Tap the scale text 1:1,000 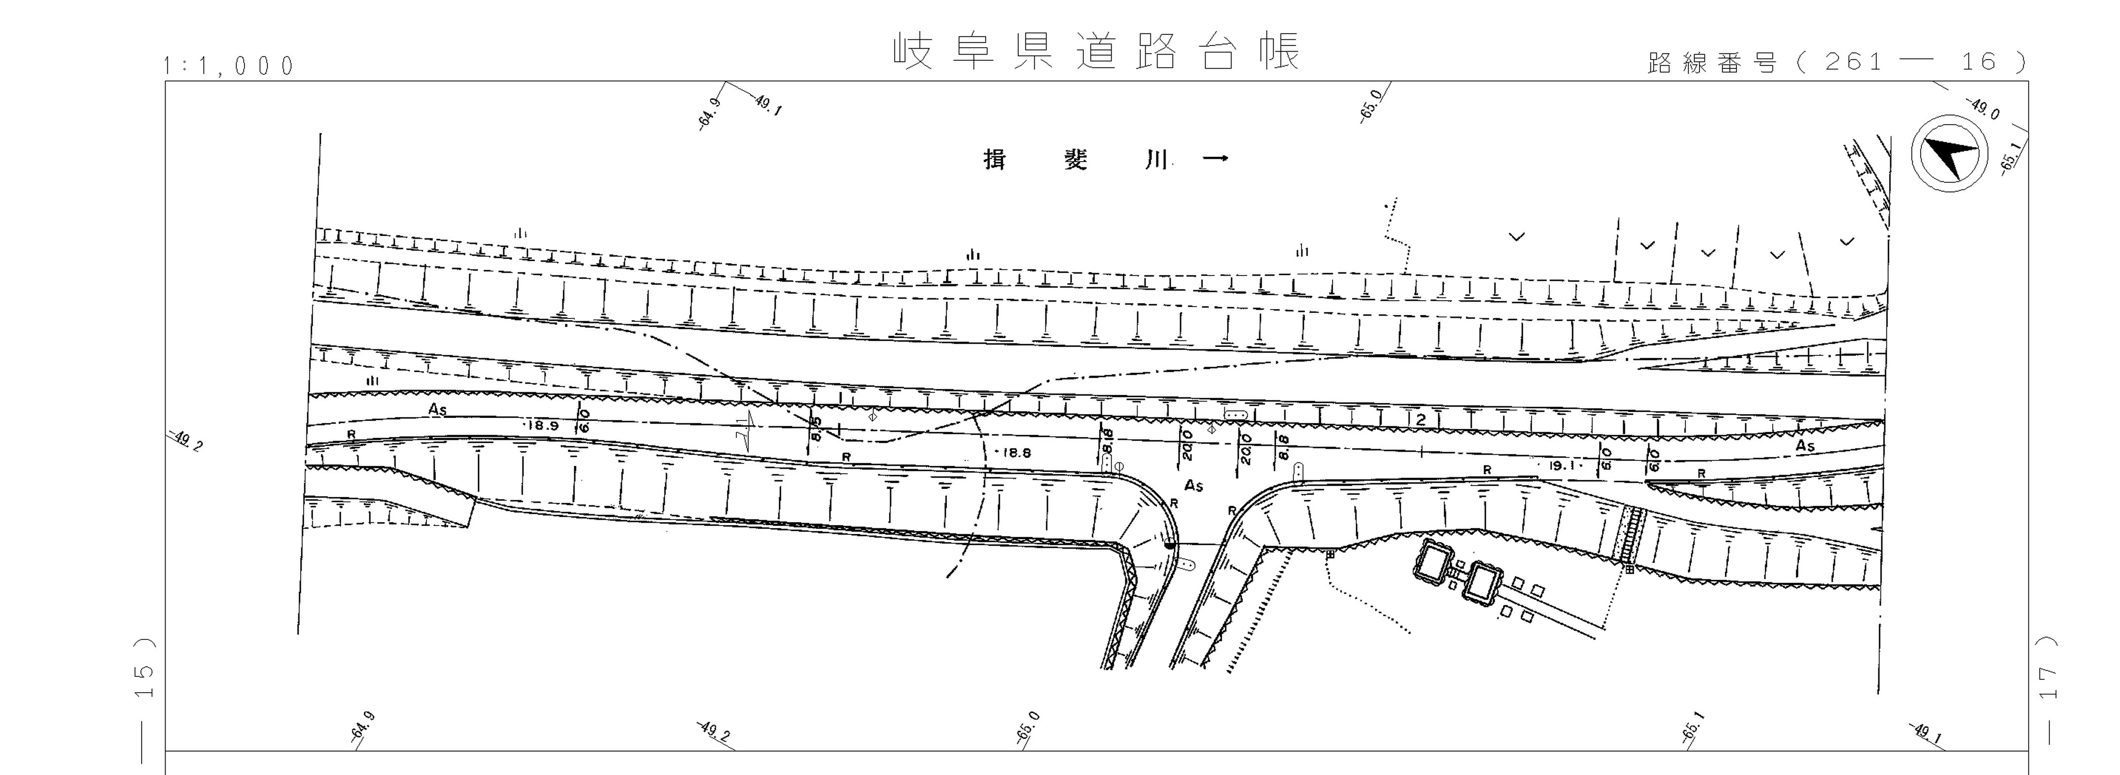coord(229,66)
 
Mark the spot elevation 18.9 coord(542,425)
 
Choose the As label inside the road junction coord(1193,486)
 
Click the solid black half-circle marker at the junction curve coord(1170,543)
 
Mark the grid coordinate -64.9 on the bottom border coord(362,727)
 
